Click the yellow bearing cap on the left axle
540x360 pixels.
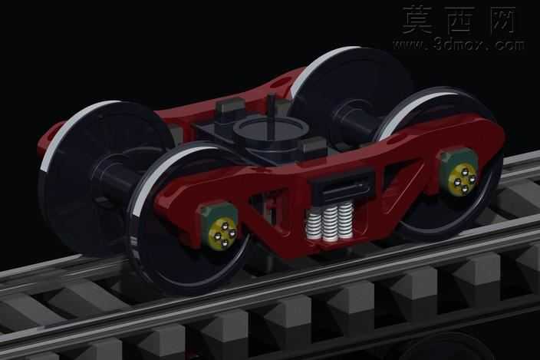point(223,233)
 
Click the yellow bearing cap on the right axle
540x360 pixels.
point(463,177)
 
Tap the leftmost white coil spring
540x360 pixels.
point(313,225)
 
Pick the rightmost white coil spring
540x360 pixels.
point(345,220)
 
